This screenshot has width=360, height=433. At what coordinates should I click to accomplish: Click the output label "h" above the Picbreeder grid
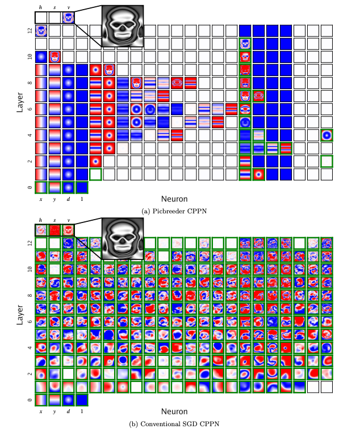tap(41, 7)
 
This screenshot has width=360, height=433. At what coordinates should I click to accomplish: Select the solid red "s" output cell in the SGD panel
tap(55, 230)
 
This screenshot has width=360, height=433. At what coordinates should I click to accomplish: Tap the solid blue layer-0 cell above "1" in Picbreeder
tap(82, 187)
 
